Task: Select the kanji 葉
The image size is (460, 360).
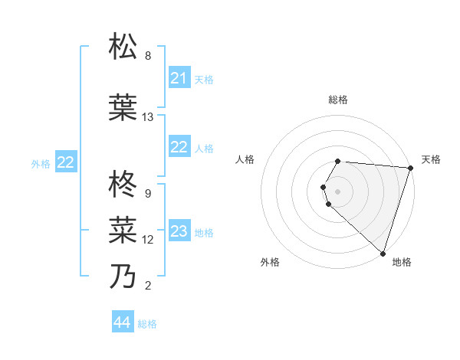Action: (123, 108)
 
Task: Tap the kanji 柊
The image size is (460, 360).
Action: (123, 185)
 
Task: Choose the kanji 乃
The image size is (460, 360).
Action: (123, 276)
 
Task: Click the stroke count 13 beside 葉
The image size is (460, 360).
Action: (148, 117)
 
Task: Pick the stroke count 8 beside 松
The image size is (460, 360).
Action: (148, 56)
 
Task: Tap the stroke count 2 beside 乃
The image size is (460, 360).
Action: (148, 286)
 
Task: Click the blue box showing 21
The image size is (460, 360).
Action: (179, 78)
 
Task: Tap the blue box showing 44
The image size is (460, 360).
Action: (122, 323)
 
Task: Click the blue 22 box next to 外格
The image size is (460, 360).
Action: (66, 162)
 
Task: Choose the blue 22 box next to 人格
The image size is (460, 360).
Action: (179, 148)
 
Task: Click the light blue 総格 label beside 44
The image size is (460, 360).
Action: (147, 324)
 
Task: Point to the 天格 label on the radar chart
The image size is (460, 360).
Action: (431, 159)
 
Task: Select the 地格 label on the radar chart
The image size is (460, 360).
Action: (402, 262)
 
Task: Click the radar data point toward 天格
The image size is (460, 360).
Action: (410, 168)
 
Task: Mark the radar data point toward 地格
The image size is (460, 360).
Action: (383, 254)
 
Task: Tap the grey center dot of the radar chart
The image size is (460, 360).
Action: (338, 191)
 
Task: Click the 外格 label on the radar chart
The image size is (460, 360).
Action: (270, 262)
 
